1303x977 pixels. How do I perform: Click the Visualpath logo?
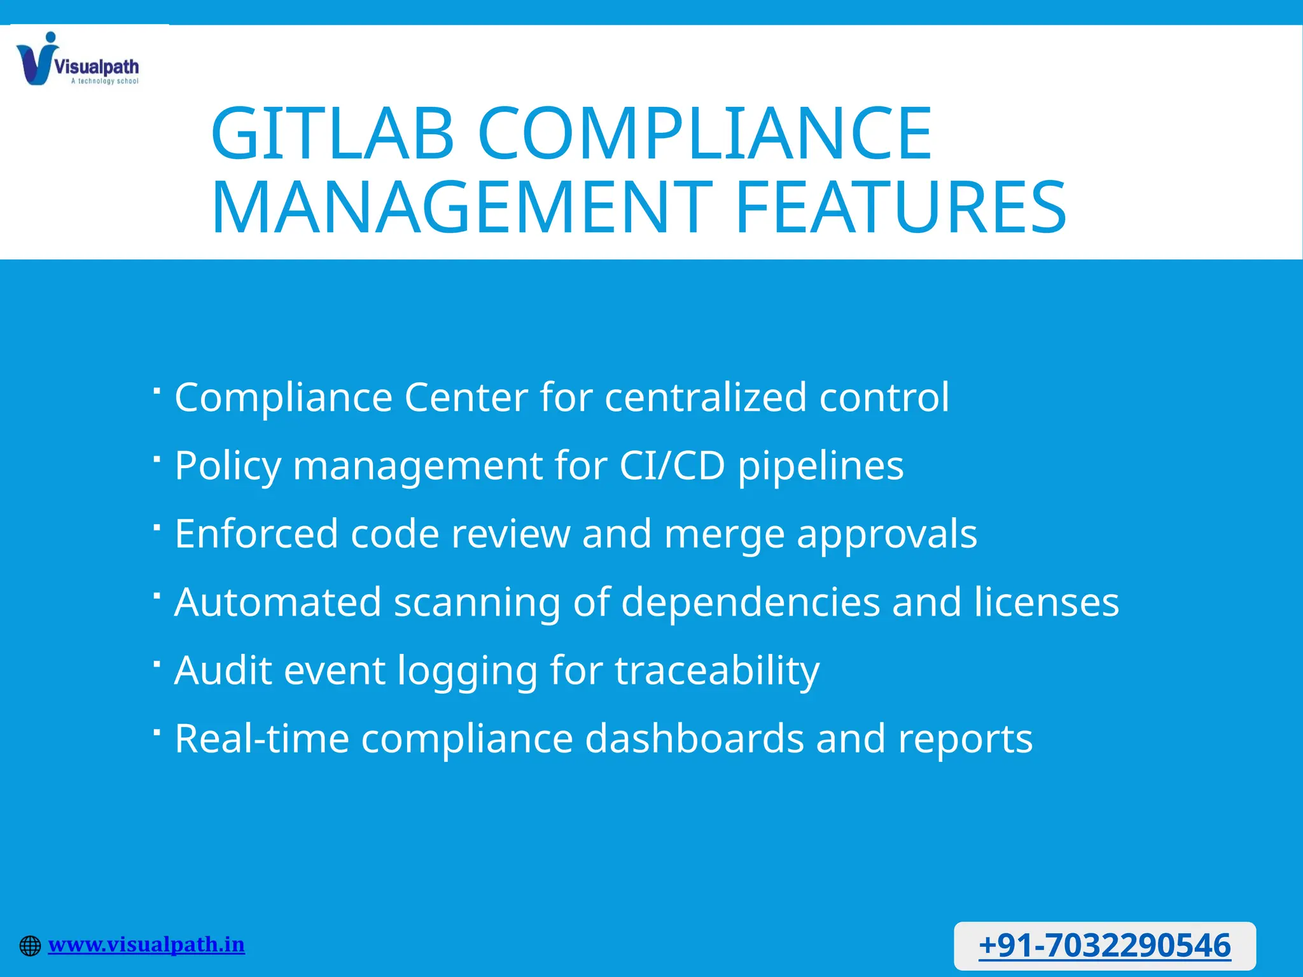pyautogui.click(x=77, y=59)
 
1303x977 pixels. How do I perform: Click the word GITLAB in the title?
pyautogui.click(x=332, y=134)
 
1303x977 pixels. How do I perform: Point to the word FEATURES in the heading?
pyautogui.click(x=900, y=207)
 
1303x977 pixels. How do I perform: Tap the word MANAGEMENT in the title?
pyautogui.click(x=462, y=207)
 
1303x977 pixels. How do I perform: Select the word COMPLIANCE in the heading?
pyautogui.click(x=704, y=134)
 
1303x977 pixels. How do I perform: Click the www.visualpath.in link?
pyautogui.click(x=146, y=945)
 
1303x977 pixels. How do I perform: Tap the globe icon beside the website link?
pyautogui.click(x=30, y=946)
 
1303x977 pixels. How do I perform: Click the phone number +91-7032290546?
pyautogui.click(x=1104, y=945)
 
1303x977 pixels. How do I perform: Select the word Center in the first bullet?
pyautogui.click(x=466, y=398)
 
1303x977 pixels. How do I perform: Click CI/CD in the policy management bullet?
pyautogui.click(x=672, y=466)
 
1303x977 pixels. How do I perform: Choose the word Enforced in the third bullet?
pyautogui.click(x=256, y=534)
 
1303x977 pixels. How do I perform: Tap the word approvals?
pyautogui.click(x=887, y=535)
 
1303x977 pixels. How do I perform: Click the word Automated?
pyautogui.click(x=278, y=602)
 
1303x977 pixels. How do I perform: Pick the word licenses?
pyautogui.click(x=1047, y=602)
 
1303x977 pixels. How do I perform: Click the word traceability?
pyautogui.click(x=717, y=671)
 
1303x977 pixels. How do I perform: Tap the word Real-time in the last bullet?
pyautogui.click(x=262, y=738)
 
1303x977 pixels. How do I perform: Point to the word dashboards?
pyautogui.click(x=694, y=738)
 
